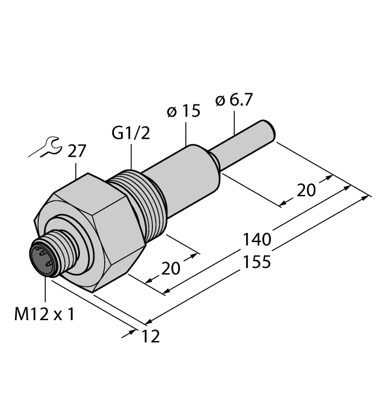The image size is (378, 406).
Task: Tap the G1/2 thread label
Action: [x=130, y=134]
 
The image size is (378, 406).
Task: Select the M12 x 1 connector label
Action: [x=43, y=315]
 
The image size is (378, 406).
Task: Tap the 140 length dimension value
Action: [x=258, y=240]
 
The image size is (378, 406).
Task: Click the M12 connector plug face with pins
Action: [x=44, y=259]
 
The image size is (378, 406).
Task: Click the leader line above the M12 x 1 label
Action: [x=44, y=290]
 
